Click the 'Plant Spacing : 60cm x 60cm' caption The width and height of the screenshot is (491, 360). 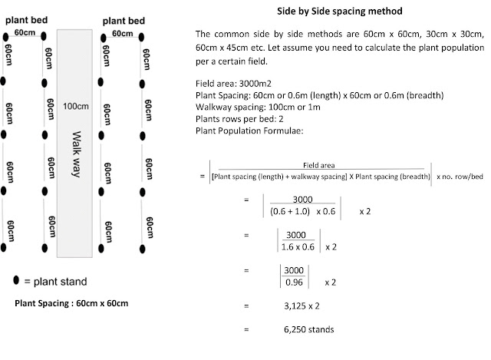coord(71,302)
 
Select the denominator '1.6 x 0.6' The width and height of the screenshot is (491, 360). coord(296,247)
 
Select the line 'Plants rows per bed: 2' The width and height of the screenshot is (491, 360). coord(242,117)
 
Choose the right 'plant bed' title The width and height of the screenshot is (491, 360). coord(126,22)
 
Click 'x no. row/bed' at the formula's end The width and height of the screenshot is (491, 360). coord(461,177)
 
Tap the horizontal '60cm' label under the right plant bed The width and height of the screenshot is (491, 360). coord(124,35)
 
